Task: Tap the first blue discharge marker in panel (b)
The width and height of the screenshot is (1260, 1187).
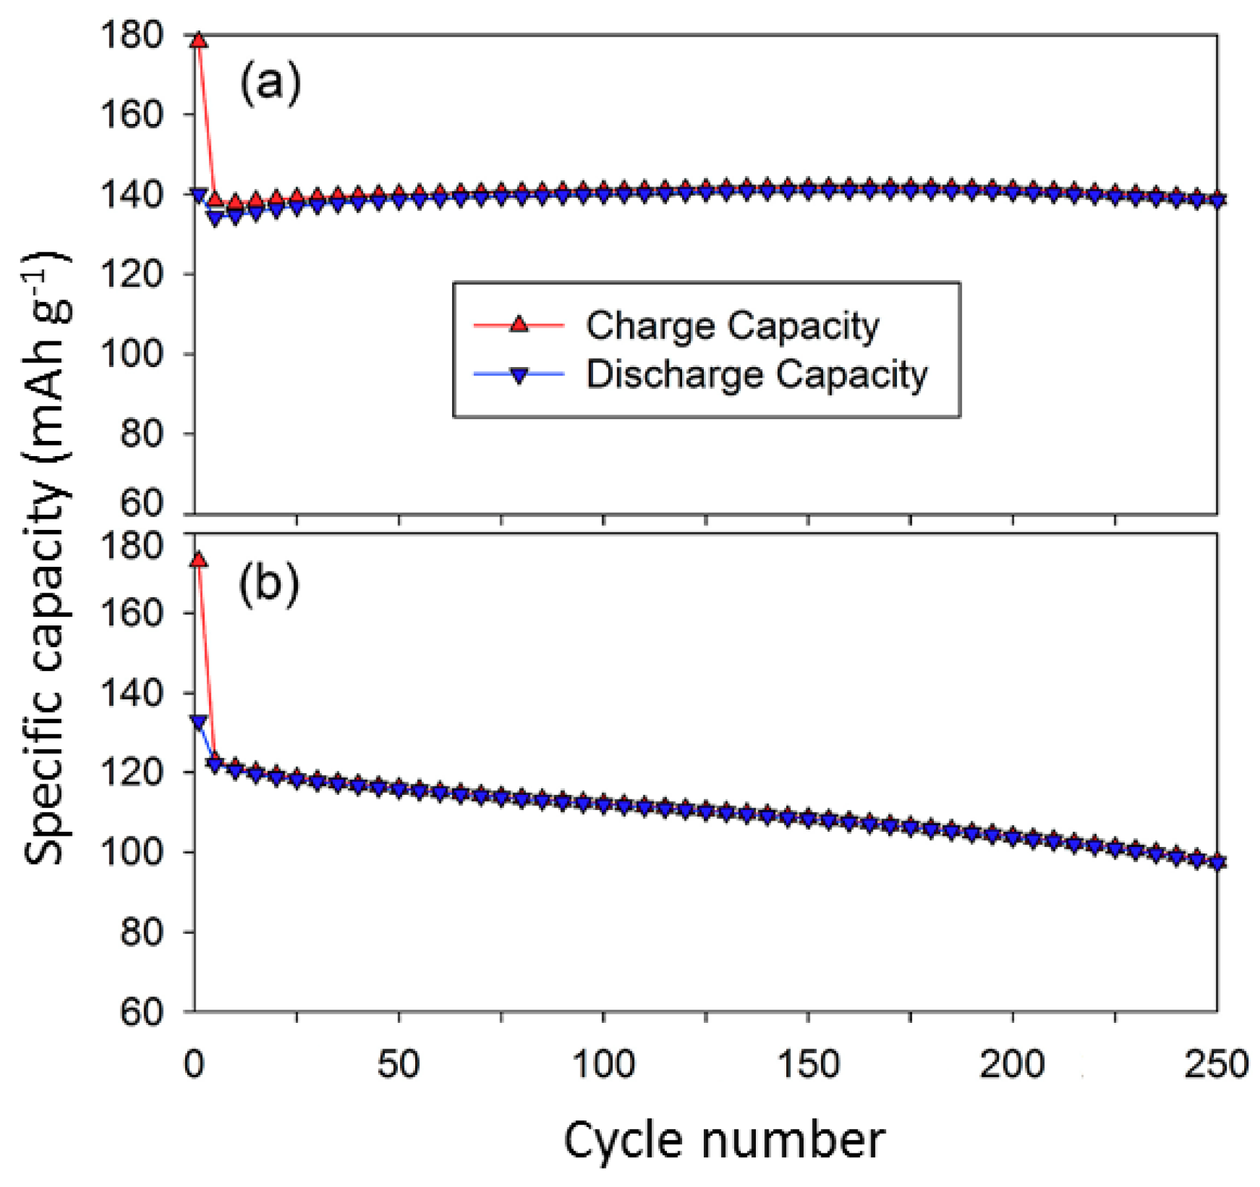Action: pos(198,722)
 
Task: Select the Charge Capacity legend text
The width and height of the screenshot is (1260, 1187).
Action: pos(732,326)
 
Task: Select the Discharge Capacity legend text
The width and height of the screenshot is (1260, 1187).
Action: pos(757,374)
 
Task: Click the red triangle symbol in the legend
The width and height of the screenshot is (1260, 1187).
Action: pos(519,324)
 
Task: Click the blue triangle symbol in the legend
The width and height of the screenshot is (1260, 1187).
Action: pos(519,375)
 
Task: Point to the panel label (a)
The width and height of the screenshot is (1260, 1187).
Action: pos(270,84)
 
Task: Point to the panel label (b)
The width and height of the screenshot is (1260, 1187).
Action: pos(269,583)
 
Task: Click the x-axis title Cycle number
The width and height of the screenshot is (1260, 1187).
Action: pos(724,1140)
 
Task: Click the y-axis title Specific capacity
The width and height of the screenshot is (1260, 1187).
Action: pos(45,557)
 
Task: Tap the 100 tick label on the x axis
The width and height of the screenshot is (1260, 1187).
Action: pos(603,1063)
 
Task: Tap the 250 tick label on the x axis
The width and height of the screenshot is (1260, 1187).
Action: pos(1216,1063)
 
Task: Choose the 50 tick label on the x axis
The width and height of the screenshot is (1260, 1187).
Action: pos(398,1063)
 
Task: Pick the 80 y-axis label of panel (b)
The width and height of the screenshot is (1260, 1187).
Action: pos(141,932)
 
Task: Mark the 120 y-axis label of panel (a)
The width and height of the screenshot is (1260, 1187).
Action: pos(131,274)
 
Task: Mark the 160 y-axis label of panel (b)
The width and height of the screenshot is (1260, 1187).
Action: pos(131,613)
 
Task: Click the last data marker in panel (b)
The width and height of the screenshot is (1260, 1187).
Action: pos(1218,862)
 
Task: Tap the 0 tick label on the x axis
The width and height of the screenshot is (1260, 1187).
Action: pos(194,1063)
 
